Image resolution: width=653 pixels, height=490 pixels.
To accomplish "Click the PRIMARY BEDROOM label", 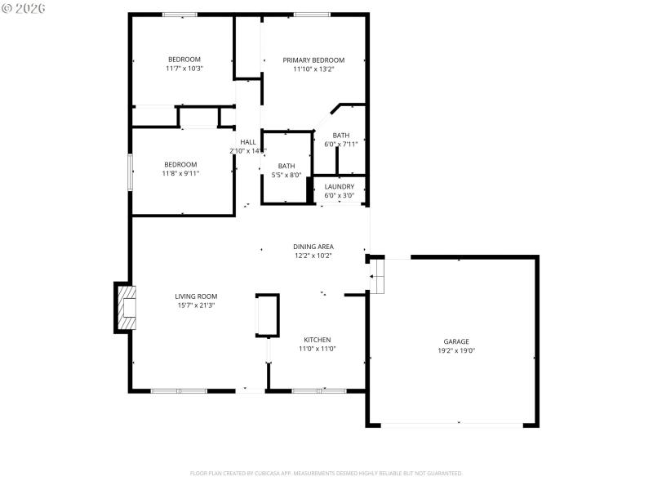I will pyautogui.click(x=313, y=60).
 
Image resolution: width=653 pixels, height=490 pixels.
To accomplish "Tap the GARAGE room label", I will pyautogui.click(x=456, y=341).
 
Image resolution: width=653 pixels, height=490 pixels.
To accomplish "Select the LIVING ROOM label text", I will pyautogui.click(x=196, y=296).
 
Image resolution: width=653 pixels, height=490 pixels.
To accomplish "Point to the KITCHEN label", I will pyautogui.click(x=317, y=340).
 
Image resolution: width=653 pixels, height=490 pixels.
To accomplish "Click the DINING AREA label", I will pyautogui.click(x=313, y=247).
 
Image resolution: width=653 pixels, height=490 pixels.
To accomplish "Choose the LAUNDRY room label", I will pyautogui.click(x=340, y=187).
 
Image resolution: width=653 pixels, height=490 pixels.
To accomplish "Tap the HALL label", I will pyautogui.click(x=247, y=142).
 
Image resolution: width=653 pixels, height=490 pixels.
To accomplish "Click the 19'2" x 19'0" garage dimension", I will pyautogui.click(x=456, y=350).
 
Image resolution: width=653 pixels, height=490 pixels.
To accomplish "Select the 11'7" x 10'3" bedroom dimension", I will pyautogui.click(x=184, y=69).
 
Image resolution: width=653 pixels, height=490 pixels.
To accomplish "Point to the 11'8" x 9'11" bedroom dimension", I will pyautogui.click(x=181, y=173).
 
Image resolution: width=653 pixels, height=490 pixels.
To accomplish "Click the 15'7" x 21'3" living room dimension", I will pyautogui.click(x=196, y=305).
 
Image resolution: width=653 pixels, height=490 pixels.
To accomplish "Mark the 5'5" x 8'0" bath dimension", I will pyautogui.click(x=287, y=175).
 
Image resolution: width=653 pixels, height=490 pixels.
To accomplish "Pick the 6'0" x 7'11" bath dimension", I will pyautogui.click(x=341, y=144).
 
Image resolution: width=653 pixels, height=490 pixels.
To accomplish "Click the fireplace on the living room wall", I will pyautogui.click(x=125, y=307).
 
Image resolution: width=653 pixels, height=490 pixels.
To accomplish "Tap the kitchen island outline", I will pyautogui.click(x=268, y=315).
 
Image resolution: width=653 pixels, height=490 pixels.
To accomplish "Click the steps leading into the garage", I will pyautogui.click(x=377, y=277).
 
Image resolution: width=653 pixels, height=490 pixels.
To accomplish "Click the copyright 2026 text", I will pyautogui.click(x=24, y=7).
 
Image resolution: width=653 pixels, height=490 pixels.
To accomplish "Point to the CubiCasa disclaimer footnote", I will pyautogui.click(x=326, y=473).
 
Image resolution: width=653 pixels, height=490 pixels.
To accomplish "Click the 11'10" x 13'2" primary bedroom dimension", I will pyautogui.click(x=313, y=69).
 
